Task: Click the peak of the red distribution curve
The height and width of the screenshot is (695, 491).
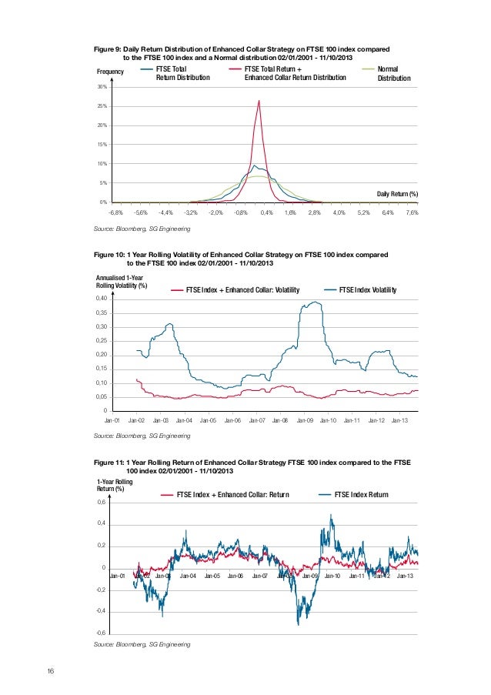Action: (x=259, y=101)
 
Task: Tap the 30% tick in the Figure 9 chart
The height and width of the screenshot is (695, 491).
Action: (x=101, y=87)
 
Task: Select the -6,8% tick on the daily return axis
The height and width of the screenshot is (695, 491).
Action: (x=116, y=212)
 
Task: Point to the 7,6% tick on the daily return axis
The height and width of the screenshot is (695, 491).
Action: (x=411, y=212)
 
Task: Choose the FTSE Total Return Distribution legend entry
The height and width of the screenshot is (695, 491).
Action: (x=182, y=73)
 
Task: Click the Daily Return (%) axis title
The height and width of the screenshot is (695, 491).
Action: (x=397, y=192)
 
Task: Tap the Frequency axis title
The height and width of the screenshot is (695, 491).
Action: (x=109, y=71)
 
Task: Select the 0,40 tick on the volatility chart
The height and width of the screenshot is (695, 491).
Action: (x=102, y=298)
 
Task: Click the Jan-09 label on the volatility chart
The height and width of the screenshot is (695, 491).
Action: (x=305, y=421)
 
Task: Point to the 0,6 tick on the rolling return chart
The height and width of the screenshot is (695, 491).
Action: (x=102, y=502)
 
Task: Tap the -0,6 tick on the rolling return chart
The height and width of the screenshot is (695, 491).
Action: (x=100, y=633)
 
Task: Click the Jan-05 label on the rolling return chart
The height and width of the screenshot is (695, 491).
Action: (x=211, y=576)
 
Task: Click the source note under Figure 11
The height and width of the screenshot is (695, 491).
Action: (x=141, y=643)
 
